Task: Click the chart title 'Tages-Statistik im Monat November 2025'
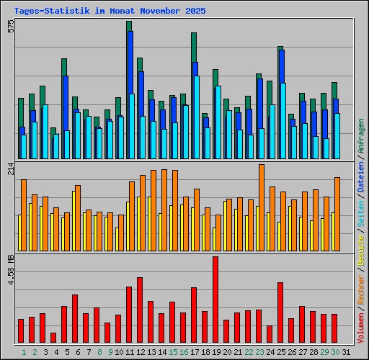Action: point(110,11)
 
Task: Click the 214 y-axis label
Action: point(9,169)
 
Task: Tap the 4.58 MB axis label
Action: point(9,269)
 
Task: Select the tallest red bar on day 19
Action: point(215,300)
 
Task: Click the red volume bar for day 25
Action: point(280,312)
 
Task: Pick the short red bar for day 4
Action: point(53,338)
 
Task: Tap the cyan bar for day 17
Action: point(196,117)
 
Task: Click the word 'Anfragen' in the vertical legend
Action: point(361,140)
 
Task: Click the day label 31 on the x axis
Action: point(346,352)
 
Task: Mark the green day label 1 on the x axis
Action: point(24,352)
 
